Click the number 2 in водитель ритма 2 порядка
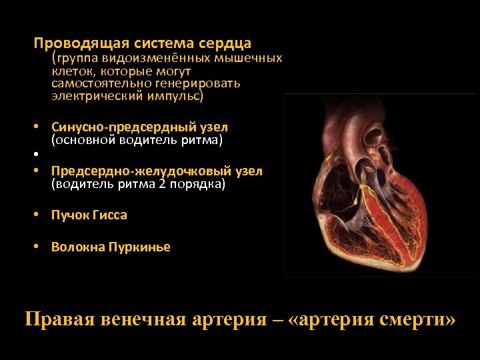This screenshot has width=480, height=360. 162,184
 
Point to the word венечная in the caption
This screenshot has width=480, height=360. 140,319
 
